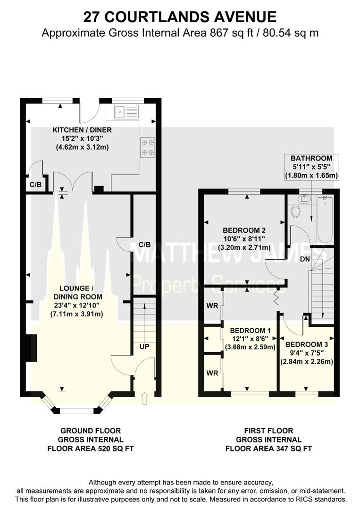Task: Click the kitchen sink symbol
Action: pos(126,112)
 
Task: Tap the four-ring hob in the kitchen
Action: pos(147,147)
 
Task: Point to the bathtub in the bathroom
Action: pos(325,220)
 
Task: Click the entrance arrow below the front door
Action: pos(145,398)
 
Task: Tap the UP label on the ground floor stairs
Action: pos(144,347)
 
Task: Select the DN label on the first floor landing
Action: pos(305,259)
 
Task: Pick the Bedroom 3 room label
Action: pos(307,353)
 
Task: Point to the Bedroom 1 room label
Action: pos(250,339)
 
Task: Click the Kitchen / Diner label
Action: pos(82,138)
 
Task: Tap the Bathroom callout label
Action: pos(311,167)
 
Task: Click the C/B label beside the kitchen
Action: pos(36,185)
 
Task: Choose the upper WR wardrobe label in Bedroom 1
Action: pos(212,306)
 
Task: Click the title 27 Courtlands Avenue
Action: pos(180,17)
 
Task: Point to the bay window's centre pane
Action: pos(77,411)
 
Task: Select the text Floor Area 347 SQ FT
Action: pos(268,449)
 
